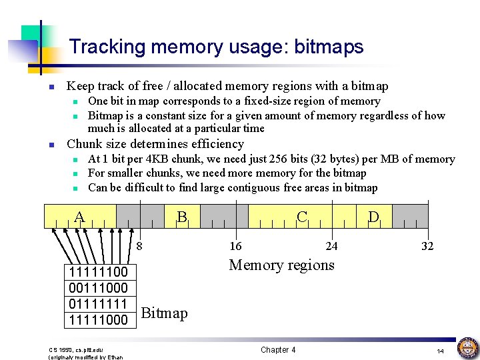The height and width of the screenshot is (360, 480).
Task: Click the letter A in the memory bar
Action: pyautogui.click(x=79, y=217)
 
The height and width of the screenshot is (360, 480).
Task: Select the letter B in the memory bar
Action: pyautogui.click(x=181, y=217)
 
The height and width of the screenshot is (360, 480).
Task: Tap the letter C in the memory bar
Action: pyautogui.click(x=302, y=217)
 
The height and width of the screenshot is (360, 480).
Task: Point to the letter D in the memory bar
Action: pyautogui.click(x=374, y=217)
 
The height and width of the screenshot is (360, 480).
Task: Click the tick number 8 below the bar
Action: pyautogui.click(x=139, y=246)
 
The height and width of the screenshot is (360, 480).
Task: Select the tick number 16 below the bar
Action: pyautogui.click(x=235, y=246)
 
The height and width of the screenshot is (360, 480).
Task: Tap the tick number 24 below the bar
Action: pyautogui.click(x=331, y=246)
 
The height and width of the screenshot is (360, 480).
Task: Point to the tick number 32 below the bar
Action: pyautogui.click(x=427, y=246)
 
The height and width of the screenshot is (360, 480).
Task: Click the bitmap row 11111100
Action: pyautogui.click(x=98, y=272)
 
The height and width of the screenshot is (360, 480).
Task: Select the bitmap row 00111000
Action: pyautogui.click(x=98, y=288)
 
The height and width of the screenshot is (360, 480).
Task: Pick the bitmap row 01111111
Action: pyautogui.click(x=98, y=304)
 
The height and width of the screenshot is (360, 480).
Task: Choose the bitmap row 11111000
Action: pyautogui.click(x=98, y=320)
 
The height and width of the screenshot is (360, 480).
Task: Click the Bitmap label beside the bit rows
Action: pyautogui.click(x=165, y=313)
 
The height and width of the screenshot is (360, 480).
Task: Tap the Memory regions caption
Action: pyautogui.click(x=281, y=265)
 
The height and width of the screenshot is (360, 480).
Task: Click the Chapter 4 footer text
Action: pyautogui.click(x=278, y=350)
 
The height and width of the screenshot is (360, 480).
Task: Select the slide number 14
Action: pyautogui.click(x=440, y=351)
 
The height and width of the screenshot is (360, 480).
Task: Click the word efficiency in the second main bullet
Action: pyautogui.click(x=217, y=144)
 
